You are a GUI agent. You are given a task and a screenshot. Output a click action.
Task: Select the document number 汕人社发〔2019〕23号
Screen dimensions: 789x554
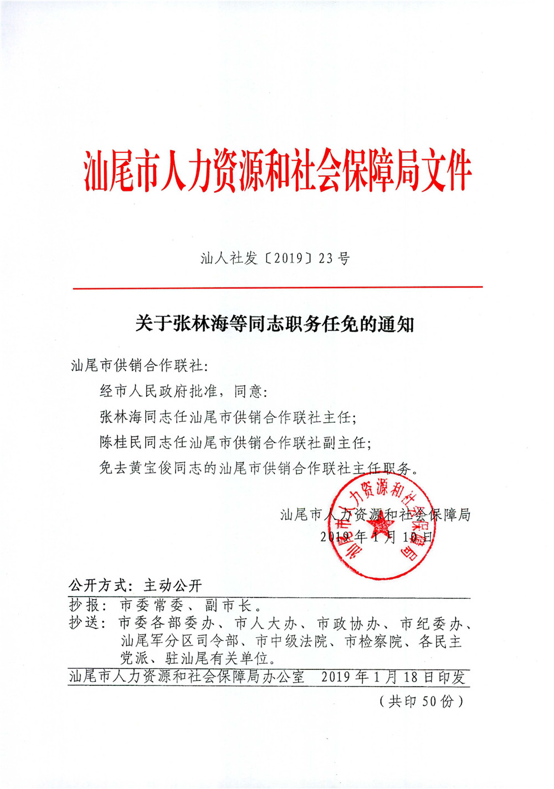pos(275,258)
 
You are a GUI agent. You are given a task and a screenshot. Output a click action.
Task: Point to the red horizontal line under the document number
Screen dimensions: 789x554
pos(277,288)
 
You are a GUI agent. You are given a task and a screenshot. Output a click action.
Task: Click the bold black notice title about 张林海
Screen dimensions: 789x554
pos(275,324)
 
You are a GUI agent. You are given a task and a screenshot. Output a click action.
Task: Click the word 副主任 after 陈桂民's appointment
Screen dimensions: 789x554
pos(344,443)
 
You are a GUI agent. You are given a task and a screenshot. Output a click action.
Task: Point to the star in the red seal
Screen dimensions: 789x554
pos(380,526)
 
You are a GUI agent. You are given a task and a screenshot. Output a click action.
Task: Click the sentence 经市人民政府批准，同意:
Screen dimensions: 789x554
pos(183,392)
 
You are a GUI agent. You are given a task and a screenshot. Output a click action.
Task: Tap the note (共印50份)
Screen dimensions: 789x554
pos(421,701)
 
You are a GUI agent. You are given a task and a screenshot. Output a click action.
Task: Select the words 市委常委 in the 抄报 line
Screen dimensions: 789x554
pos(151,605)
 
